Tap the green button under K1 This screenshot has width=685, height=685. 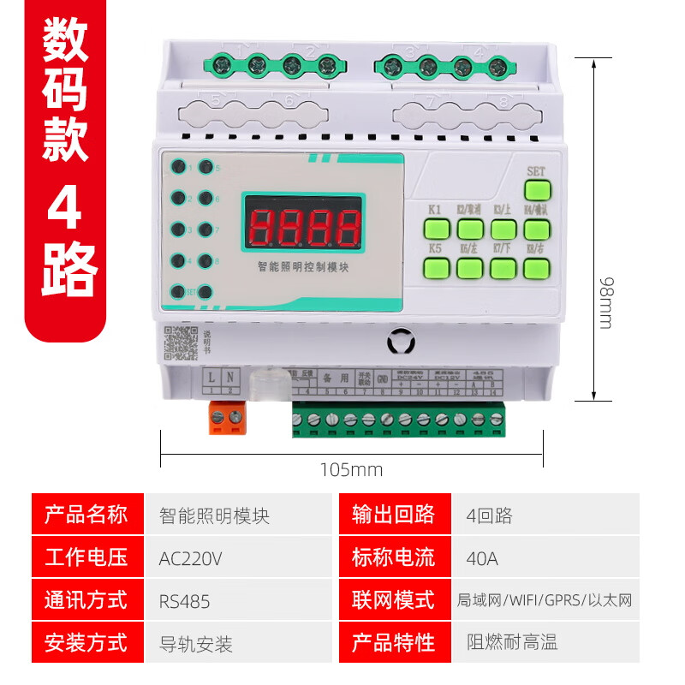click(x=437, y=229)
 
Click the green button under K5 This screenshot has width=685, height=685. click(x=437, y=268)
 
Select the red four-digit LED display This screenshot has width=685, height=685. click(x=301, y=227)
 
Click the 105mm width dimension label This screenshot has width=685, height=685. click(x=351, y=470)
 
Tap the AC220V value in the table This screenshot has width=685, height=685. click(x=190, y=558)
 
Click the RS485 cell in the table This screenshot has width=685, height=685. click(x=184, y=601)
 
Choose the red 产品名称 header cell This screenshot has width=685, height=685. click(x=86, y=515)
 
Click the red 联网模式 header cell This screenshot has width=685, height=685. click(x=393, y=600)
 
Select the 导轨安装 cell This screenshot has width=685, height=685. click(x=196, y=643)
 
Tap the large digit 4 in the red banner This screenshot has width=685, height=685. click(x=65, y=209)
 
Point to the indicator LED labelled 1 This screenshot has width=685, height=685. click(x=180, y=168)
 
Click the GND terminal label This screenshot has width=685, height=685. click(x=383, y=378)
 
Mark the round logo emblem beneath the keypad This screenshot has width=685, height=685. click(x=400, y=342)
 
